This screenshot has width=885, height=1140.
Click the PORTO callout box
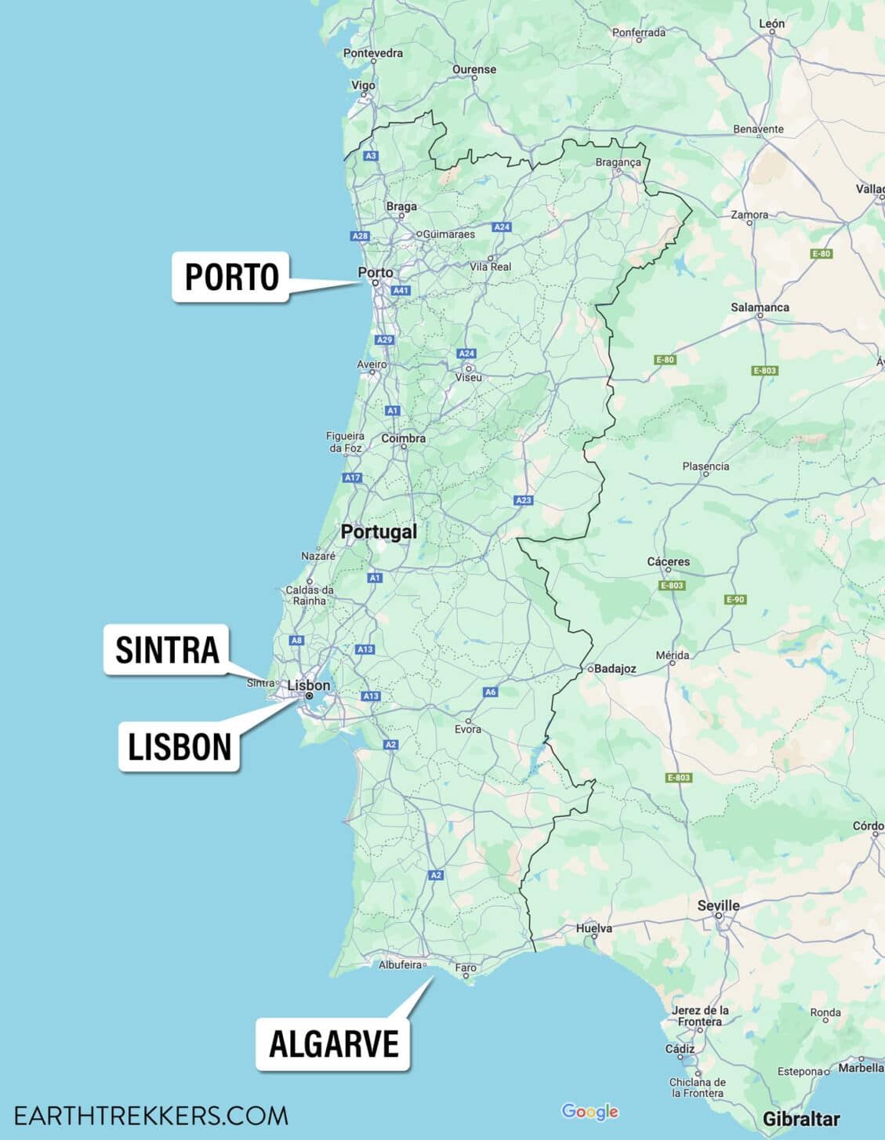(x=231, y=277)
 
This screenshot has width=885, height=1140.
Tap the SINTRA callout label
(x=167, y=650)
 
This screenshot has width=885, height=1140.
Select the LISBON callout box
(x=180, y=747)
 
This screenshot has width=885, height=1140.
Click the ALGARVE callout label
(x=334, y=1044)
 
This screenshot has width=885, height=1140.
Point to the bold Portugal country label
(x=379, y=532)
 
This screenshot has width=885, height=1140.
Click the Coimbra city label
(x=403, y=438)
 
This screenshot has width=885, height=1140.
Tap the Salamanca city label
(x=760, y=307)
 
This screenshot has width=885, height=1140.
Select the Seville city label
(x=718, y=906)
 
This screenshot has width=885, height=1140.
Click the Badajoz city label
(x=615, y=669)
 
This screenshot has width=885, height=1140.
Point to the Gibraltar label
(x=801, y=1119)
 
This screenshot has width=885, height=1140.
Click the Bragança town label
(x=618, y=162)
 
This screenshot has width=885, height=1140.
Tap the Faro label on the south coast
(x=466, y=968)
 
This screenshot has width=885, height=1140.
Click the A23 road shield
(x=523, y=500)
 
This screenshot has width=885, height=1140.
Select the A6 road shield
(x=490, y=692)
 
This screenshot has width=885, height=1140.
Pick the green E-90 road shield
(x=734, y=600)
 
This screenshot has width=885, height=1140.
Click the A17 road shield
(x=352, y=477)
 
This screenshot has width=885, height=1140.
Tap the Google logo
(x=589, y=1112)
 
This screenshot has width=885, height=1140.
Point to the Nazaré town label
(x=318, y=556)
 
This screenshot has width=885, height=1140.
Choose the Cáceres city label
(x=668, y=561)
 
